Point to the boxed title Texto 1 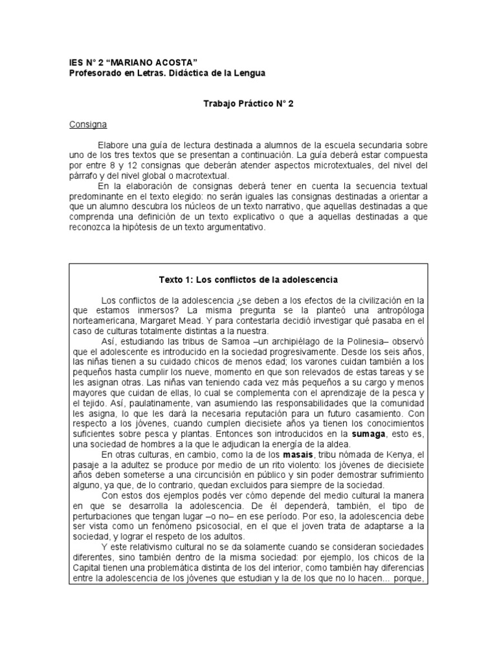[x=248, y=280]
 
